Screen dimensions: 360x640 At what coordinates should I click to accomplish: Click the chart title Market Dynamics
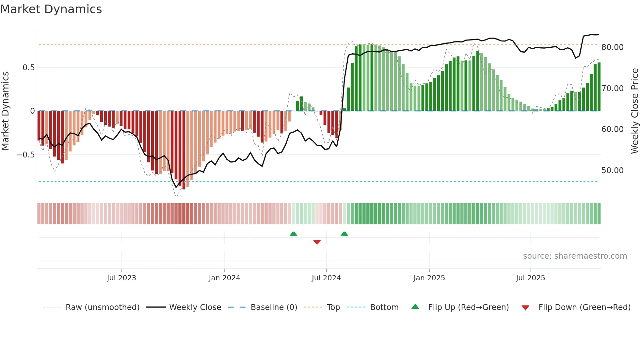(51, 9)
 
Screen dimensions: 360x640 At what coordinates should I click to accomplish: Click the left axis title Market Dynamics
(5, 111)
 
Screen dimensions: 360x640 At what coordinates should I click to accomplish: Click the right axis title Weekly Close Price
(634, 111)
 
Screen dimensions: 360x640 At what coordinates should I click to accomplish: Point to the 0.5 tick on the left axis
(28, 68)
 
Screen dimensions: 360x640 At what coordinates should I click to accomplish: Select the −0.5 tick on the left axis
(26, 155)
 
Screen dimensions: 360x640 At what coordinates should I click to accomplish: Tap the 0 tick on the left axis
(32, 111)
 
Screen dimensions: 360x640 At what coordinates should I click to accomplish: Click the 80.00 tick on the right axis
(612, 47)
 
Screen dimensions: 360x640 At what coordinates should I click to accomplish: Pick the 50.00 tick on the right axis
(612, 171)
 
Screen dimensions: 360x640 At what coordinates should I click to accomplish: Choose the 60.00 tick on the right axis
(612, 129)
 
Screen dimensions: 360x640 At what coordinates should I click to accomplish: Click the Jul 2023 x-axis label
(121, 278)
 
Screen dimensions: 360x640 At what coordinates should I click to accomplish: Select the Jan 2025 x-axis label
(429, 278)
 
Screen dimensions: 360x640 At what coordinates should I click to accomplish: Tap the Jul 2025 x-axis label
(530, 278)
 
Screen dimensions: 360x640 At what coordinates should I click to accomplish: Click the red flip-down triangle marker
(317, 242)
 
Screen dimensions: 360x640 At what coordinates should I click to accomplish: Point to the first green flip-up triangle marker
(293, 234)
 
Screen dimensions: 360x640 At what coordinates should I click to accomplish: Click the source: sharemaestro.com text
(575, 256)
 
